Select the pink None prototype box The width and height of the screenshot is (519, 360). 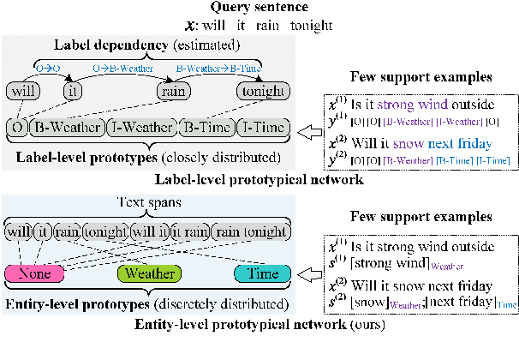click(x=39, y=274)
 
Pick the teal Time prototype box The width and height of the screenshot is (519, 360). click(x=258, y=274)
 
